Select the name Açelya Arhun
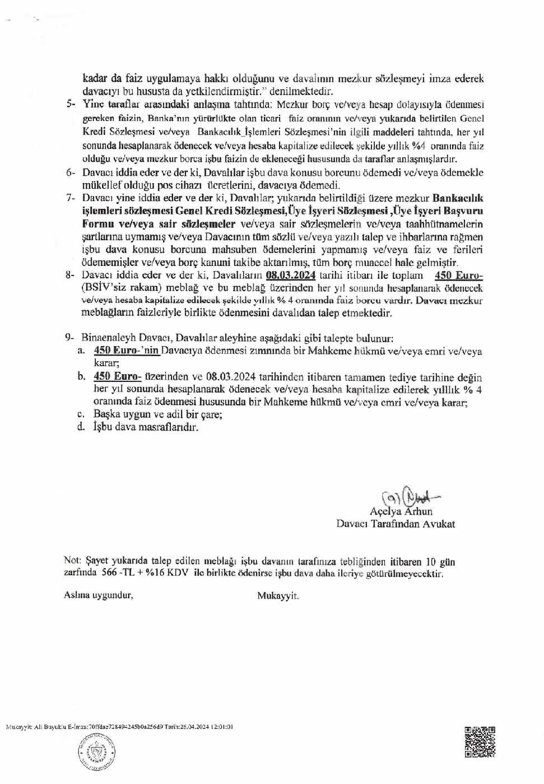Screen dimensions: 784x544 [401, 511]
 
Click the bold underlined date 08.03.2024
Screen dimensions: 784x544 [291, 275]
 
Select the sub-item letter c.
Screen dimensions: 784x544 [81, 414]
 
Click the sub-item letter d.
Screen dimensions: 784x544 [81, 427]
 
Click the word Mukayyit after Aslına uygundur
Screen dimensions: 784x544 [278, 596]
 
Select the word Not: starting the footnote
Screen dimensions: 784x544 [73, 561]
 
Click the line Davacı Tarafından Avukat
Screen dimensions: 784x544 [396, 524]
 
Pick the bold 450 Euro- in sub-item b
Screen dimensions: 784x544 [117, 377]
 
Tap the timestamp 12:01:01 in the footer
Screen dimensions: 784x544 [222, 726]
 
